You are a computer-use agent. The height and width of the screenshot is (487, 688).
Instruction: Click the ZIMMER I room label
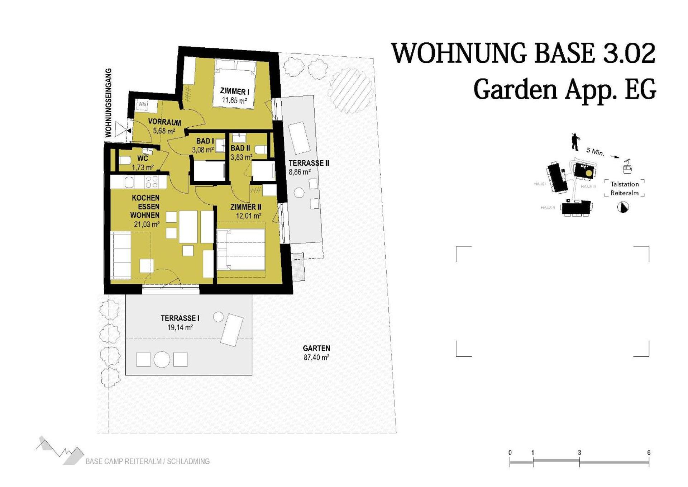[235, 91]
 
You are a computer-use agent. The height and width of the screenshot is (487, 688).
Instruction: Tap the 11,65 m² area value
[234, 100]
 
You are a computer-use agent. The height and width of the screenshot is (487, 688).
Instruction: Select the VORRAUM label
[164, 122]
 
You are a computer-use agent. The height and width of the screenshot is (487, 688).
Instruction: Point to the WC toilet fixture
[124, 160]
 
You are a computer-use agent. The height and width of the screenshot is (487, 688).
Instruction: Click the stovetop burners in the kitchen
[152, 182]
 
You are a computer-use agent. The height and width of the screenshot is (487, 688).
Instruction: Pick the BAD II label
[240, 148]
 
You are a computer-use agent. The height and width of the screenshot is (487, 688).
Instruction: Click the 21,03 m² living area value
[147, 224]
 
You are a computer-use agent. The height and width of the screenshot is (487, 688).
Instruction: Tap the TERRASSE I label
[180, 318]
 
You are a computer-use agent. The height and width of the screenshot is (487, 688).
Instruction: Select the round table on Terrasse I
[162, 360]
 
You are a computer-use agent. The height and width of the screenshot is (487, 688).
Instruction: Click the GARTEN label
[316, 348]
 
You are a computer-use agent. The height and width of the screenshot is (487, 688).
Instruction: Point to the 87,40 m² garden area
[316, 358]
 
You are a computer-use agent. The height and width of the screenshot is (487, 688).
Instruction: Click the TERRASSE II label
[309, 163]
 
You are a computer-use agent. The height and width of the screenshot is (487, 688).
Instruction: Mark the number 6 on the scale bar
[649, 453]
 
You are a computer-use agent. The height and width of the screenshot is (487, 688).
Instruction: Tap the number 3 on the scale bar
[579, 453]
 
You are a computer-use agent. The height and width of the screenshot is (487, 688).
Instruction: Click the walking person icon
[575, 142]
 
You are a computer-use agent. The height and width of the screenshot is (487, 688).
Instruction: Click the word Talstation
[625, 184]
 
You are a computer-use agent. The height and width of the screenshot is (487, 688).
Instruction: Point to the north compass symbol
[623, 207]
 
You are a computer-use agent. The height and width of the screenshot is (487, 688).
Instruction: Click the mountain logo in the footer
[59, 451]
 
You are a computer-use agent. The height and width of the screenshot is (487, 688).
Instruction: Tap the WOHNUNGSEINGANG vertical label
[109, 103]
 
